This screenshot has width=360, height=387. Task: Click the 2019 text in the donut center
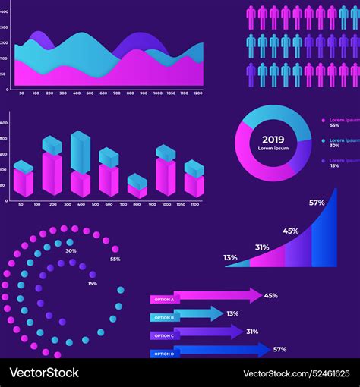coord(273,139)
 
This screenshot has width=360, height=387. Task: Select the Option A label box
coord(163,299)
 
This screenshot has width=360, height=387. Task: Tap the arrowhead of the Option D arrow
coord(263,350)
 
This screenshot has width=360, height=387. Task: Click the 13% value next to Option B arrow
coord(232,313)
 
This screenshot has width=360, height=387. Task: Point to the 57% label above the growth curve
coord(317,203)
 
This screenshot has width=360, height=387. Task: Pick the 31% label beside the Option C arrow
coord(252,332)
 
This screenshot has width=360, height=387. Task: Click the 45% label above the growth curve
coord(290,231)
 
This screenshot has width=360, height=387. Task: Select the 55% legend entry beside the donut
coord(340,122)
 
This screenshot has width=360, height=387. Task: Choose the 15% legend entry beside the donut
coord(340,163)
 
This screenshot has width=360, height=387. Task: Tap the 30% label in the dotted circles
coord(71,250)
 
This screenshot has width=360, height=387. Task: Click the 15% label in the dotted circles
coord(92,283)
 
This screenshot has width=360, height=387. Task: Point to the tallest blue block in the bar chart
coord(80,151)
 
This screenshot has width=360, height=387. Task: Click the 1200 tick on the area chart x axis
coord(197,93)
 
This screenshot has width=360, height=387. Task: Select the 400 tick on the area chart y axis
coord(5,27)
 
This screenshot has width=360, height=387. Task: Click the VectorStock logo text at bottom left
coord(44,373)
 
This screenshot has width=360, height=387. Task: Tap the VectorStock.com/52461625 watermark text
coord(300,373)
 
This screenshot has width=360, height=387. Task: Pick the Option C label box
coord(163,335)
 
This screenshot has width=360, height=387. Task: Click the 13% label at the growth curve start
coord(230,258)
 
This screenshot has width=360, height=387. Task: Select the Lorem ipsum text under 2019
coord(273,149)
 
